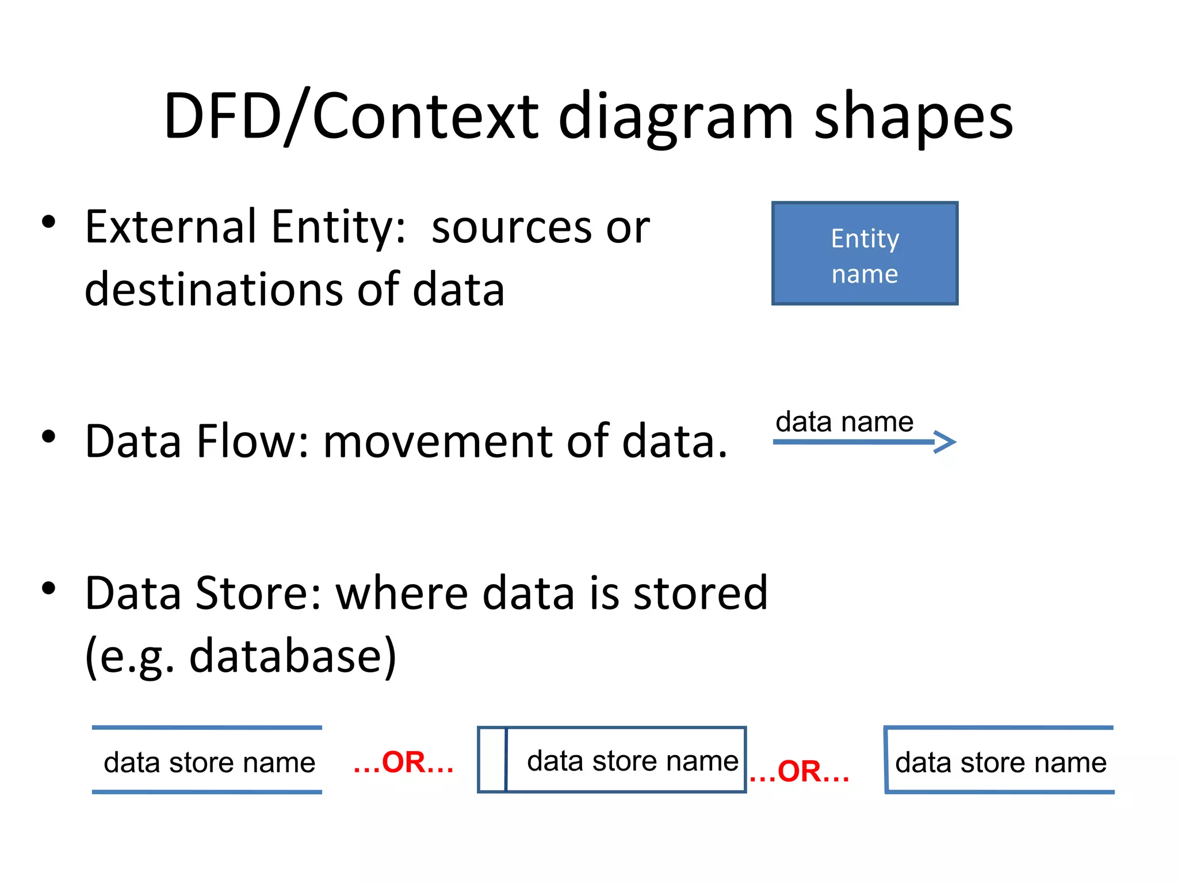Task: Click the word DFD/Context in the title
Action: [x=351, y=116]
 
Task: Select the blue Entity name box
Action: [x=865, y=253]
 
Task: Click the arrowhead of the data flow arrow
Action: [x=946, y=442]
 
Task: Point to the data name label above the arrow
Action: [x=844, y=422]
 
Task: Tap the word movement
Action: [x=437, y=441]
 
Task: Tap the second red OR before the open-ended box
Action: [x=800, y=771]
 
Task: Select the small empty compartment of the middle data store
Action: [x=492, y=760]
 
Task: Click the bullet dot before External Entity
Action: [x=49, y=222]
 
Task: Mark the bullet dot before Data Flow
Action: [x=49, y=437]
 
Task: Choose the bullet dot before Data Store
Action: [x=49, y=588]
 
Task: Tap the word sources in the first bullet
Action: [x=512, y=228]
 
